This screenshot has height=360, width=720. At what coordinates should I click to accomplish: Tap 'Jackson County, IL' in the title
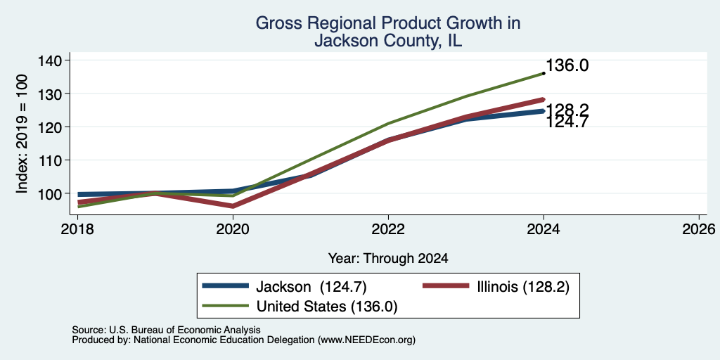tap(388, 41)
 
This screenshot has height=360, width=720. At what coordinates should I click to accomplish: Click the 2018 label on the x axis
tap(77, 229)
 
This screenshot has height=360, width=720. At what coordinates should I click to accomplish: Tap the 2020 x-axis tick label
tap(233, 229)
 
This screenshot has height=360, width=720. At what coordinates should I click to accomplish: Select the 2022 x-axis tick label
tap(388, 229)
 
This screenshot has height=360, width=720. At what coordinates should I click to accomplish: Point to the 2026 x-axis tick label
tap(699, 229)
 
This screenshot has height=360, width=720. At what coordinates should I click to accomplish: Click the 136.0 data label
tap(567, 65)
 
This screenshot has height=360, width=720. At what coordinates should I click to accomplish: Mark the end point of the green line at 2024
tap(544, 73)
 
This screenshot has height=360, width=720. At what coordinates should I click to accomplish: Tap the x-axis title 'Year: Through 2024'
tap(388, 259)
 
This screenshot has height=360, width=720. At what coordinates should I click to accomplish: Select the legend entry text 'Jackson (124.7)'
tap(311, 287)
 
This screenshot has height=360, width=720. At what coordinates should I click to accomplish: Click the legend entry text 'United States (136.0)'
tap(326, 307)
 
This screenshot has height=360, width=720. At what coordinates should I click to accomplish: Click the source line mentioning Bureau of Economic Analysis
tap(166, 330)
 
